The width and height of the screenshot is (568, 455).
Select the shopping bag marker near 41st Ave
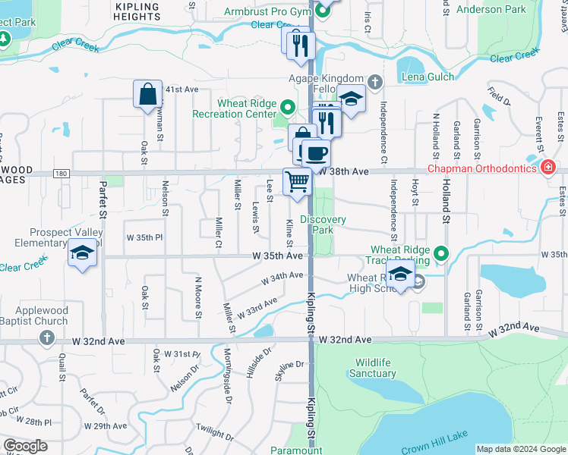tap(147, 95)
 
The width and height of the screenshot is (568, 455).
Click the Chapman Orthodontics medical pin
tap(546, 167)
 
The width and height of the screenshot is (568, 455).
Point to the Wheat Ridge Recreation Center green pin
tap(287, 105)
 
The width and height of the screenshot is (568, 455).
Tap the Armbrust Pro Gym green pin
tap(321, 11)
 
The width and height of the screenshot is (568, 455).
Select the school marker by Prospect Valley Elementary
tap(82, 253)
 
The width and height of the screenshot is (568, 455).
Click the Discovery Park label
tap(323, 224)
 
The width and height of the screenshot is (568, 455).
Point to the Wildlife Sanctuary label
tap(373, 368)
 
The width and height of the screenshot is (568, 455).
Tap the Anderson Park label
tap(491, 9)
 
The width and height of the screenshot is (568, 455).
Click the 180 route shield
tap(62, 174)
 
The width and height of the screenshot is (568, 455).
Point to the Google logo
tap(25, 446)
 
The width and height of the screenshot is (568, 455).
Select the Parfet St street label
tap(103, 205)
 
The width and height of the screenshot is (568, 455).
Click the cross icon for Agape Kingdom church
tap(374, 81)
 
